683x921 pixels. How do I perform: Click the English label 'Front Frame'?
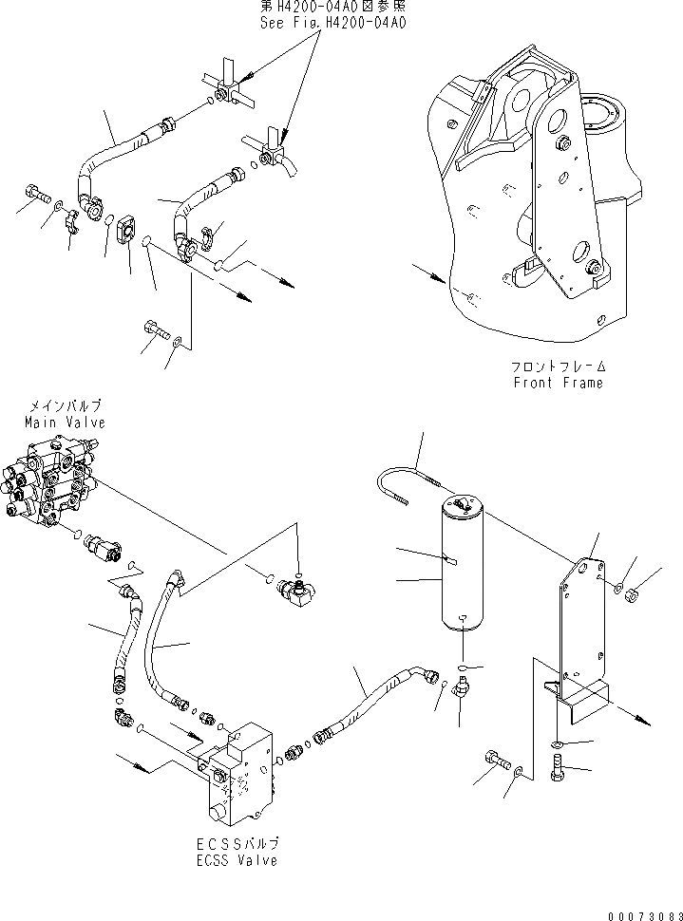[558, 383]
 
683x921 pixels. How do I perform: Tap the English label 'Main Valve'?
[65, 423]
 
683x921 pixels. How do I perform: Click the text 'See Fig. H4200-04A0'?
[332, 22]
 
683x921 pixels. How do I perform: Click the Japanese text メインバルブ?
[65, 405]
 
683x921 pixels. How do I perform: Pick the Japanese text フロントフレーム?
[558, 367]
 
